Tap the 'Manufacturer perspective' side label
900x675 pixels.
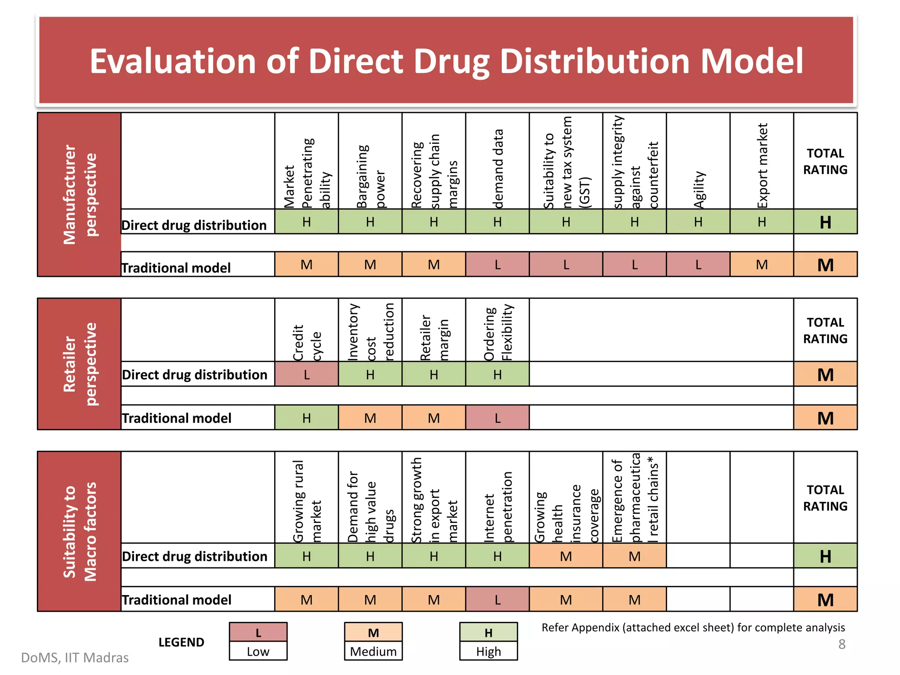tap(80, 194)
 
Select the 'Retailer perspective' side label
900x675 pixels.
tap(80, 364)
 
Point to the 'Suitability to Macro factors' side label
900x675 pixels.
tap(80, 531)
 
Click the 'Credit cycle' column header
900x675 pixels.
tap(307, 343)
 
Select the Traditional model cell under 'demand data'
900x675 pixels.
tap(497, 265)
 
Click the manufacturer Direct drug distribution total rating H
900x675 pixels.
tap(825, 222)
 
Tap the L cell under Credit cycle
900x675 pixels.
tap(307, 374)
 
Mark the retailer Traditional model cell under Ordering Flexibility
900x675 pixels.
tap(497, 418)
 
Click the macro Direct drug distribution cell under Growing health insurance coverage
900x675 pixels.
tap(566, 556)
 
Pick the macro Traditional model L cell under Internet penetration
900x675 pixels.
tap(497, 600)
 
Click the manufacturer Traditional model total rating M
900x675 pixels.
tap(825, 265)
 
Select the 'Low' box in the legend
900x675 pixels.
tap(258, 651)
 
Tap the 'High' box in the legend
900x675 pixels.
tap(488, 651)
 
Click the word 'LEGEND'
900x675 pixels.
tap(181, 642)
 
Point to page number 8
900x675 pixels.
tap(842, 644)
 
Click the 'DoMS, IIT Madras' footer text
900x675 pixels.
tap(75, 657)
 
